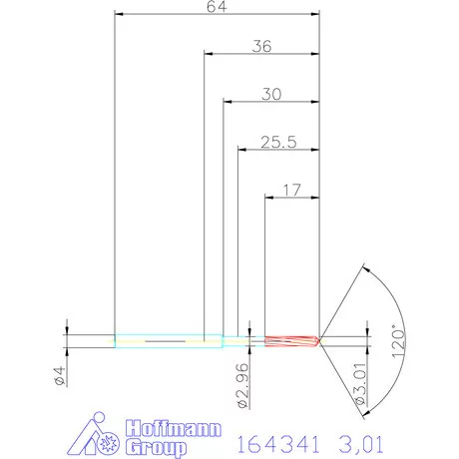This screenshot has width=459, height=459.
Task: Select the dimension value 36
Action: tap(263, 45)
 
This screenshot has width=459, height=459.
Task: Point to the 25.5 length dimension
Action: tap(277, 142)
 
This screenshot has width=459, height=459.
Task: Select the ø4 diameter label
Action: tap(57, 378)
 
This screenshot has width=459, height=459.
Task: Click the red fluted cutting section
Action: tap(289, 341)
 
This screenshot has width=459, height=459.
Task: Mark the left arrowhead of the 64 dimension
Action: tap(120, 15)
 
